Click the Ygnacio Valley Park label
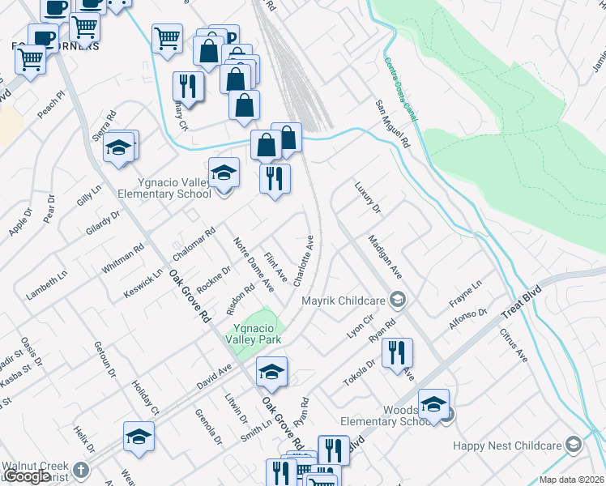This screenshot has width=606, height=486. pyautogui.click(x=258, y=334)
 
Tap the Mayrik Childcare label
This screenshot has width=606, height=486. pyautogui.click(x=344, y=301)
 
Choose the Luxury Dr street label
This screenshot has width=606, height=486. pyautogui.click(x=367, y=198)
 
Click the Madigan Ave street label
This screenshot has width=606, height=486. pyautogui.click(x=385, y=257)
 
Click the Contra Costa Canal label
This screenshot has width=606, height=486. pyautogui.click(x=401, y=91)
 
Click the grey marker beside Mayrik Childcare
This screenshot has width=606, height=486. pyautogui.click(x=397, y=301)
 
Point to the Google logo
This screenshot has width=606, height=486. pyautogui.click(x=28, y=477)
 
